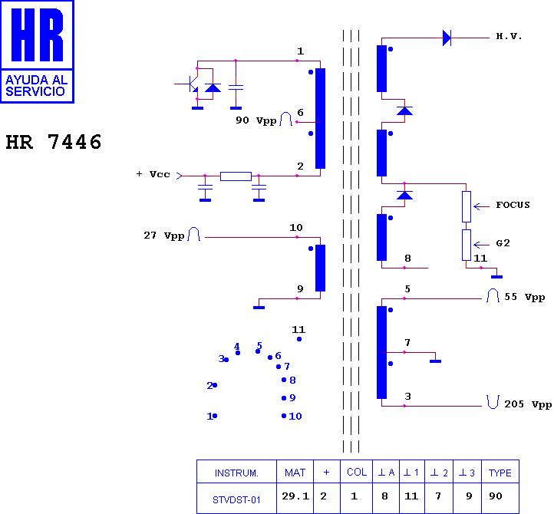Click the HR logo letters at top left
click(37, 35)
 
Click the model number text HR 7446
click(54, 142)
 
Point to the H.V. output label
click(509, 36)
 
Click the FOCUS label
click(513, 205)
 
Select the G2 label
click(503, 243)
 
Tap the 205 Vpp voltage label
click(528, 404)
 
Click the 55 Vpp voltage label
click(524, 297)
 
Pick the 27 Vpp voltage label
click(164, 236)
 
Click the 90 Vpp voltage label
click(256, 120)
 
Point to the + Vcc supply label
click(153, 174)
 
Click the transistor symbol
click(191, 84)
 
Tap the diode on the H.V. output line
click(447, 38)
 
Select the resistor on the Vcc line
click(236, 176)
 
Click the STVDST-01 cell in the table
click(236, 500)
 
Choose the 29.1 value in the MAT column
click(295, 496)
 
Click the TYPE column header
click(500, 473)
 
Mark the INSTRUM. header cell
click(236, 473)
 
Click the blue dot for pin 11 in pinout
click(299, 339)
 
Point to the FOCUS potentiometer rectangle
click(467, 206)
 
